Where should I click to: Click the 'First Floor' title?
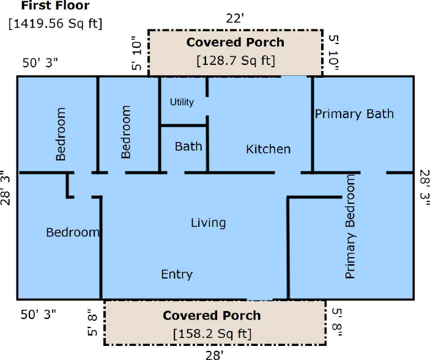[55, 6]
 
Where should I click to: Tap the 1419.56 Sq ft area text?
[55, 23]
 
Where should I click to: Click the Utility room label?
[182, 102]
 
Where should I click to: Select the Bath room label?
[188, 146]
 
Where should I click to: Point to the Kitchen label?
[268, 149]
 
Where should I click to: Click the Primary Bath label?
[354, 114]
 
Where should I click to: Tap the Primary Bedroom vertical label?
[350, 227]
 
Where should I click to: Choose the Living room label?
[209, 223]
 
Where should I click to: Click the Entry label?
[177, 274]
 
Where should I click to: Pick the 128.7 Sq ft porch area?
[235, 61]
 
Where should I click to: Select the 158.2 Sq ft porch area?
[212, 334]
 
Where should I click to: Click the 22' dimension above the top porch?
[235, 18]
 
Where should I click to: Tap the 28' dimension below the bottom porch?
[215, 355]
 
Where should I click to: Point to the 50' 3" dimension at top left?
[40, 62]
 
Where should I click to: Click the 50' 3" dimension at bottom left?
[39, 315]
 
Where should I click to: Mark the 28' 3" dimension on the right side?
[424, 188]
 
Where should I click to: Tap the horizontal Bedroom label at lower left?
[73, 232]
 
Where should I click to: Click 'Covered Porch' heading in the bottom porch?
[212, 315]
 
